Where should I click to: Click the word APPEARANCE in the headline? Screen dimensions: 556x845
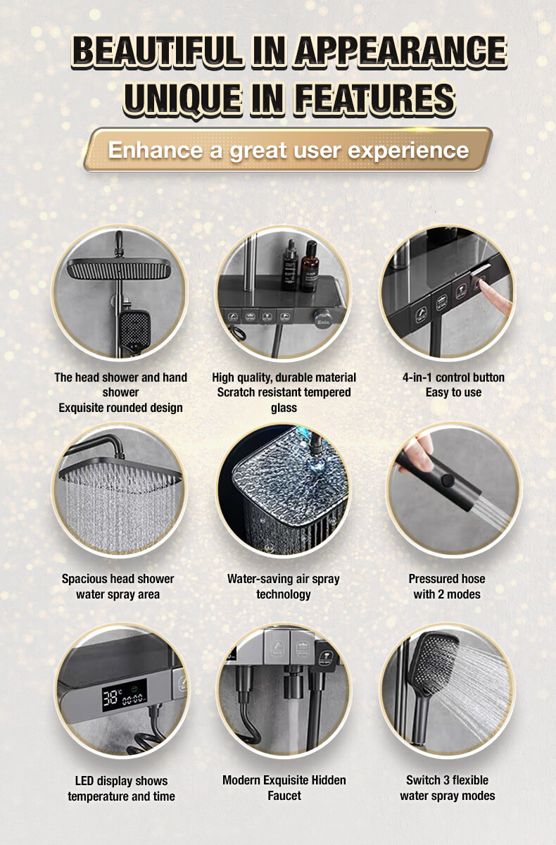point(400,51)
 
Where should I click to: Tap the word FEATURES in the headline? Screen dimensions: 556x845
point(375,98)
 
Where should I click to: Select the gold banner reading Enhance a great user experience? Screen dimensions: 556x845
point(288,150)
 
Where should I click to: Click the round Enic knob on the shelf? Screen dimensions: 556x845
point(323,319)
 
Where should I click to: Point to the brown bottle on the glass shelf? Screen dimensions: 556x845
point(310,265)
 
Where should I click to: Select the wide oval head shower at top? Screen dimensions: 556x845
point(119,268)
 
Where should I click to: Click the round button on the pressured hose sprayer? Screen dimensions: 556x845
point(448,480)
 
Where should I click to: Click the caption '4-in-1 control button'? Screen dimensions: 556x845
point(453,377)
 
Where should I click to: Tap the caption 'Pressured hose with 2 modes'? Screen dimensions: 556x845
point(447,586)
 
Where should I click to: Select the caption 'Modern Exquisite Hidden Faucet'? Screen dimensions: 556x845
point(284,788)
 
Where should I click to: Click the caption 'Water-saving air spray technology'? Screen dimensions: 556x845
point(284,586)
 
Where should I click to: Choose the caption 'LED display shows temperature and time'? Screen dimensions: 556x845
point(121,789)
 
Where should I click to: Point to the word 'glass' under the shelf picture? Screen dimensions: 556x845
point(284,408)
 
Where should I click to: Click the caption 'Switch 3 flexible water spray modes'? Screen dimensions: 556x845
point(447,788)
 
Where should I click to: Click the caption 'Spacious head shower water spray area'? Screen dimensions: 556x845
point(118,586)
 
